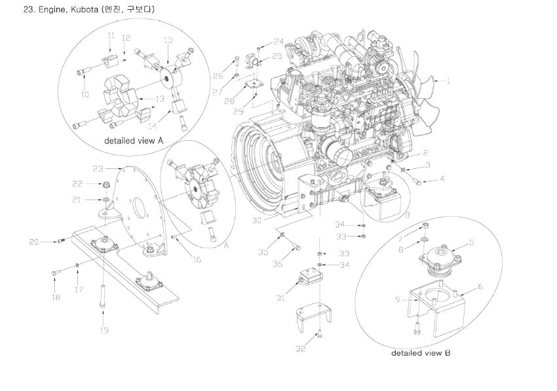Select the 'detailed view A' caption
click(133, 140)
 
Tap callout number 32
click(301, 349)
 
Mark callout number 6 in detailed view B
click(480, 286)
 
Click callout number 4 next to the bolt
click(442, 178)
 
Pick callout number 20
click(35, 242)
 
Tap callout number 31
click(280, 298)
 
